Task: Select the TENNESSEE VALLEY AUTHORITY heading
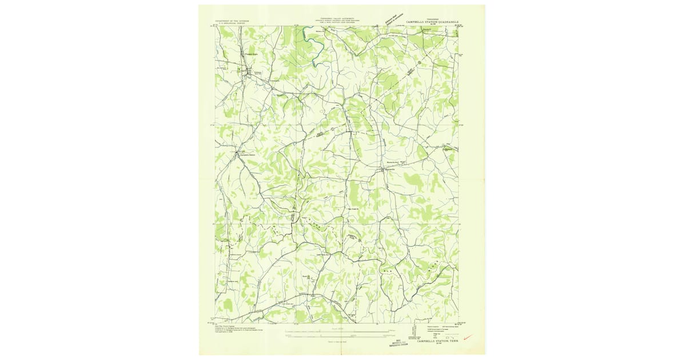pos(336,18)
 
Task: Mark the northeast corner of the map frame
pos(458,26)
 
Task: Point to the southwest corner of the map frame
pos(216,322)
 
